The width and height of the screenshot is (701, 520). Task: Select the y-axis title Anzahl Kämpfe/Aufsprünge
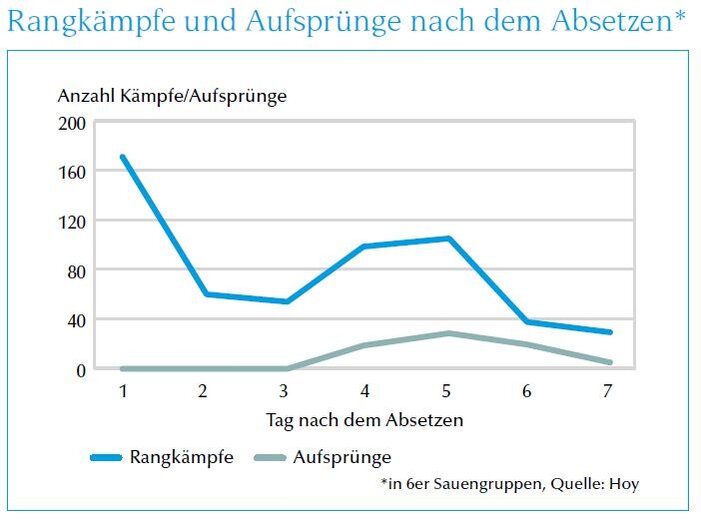pyautogui.click(x=172, y=96)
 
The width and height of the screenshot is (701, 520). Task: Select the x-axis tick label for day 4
pyautogui.click(x=364, y=391)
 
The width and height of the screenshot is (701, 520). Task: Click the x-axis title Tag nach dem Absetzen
pyautogui.click(x=365, y=420)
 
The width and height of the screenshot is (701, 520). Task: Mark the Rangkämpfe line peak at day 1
pyautogui.click(x=122, y=157)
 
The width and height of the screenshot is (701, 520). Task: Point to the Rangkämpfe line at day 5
pyautogui.click(x=448, y=238)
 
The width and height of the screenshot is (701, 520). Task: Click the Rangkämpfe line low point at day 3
pyautogui.click(x=285, y=301)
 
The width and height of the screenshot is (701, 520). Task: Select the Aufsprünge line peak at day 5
pyautogui.click(x=448, y=333)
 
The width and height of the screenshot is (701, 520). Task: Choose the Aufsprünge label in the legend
pyautogui.click(x=342, y=458)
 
